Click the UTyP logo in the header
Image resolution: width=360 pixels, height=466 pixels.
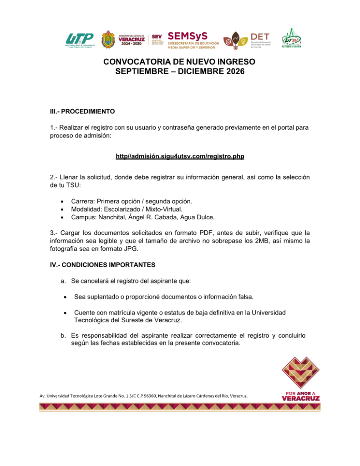point(80,40)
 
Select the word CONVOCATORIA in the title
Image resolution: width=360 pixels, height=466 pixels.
point(134,61)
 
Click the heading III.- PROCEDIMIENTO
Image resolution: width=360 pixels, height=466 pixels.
point(82,111)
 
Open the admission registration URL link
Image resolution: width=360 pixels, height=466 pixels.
point(180,157)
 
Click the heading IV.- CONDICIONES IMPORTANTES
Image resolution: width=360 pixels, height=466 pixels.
point(102,264)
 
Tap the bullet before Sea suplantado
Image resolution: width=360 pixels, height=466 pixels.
point(65,297)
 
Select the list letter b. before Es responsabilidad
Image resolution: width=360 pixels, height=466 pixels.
point(63,336)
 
